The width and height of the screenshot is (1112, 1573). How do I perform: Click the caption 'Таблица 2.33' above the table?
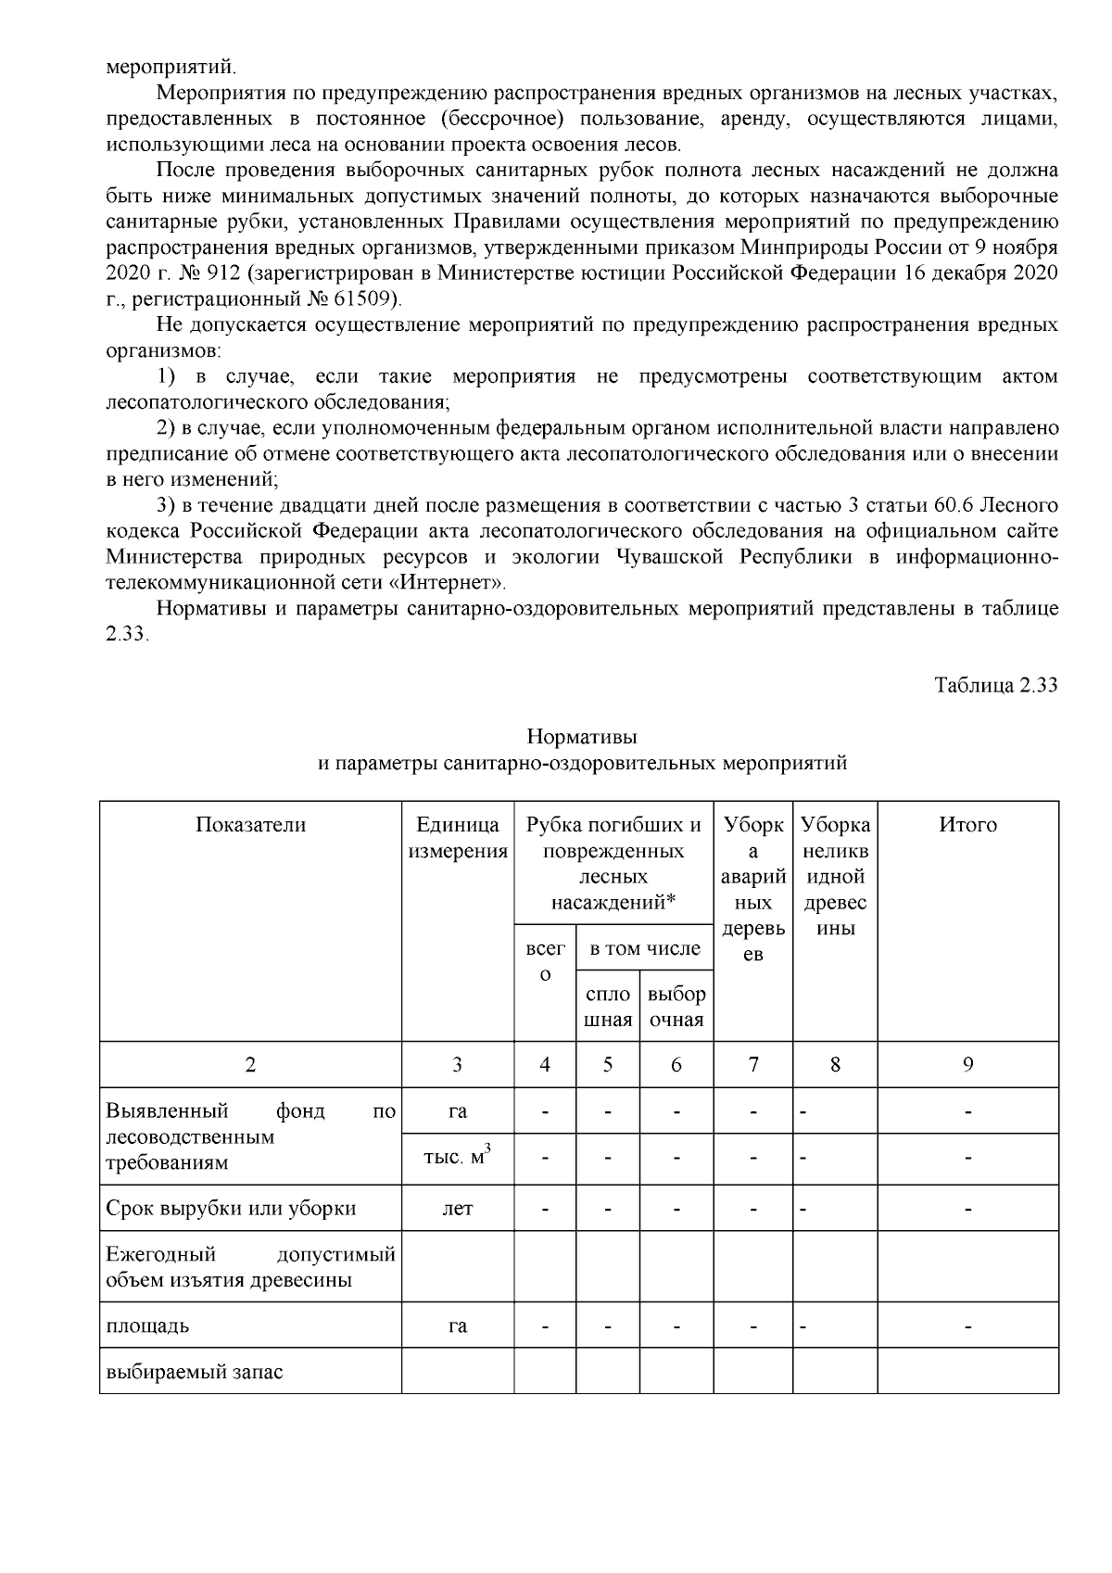[995, 686]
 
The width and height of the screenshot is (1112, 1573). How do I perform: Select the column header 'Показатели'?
[250, 825]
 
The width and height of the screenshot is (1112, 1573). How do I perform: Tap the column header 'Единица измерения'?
[458, 838]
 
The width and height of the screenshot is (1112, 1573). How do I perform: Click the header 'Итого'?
[967, 825]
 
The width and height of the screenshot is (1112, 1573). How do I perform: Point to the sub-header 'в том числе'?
[645, 948]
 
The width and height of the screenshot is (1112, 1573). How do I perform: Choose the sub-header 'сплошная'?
[608, 1007]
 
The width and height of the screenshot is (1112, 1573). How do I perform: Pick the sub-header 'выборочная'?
[676, 1007]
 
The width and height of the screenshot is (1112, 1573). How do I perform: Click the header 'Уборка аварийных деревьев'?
[753, 889]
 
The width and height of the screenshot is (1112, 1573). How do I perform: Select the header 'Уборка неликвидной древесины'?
[835, 876]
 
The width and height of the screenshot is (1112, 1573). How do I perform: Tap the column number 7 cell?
[753, 1065]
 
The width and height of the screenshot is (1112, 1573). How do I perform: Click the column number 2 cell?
[250, 1065]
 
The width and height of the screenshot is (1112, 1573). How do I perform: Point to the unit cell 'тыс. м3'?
[457, 1159]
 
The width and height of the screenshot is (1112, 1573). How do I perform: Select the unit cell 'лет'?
[457, 1210]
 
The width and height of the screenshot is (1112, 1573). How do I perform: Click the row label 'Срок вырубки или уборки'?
[231, 1209]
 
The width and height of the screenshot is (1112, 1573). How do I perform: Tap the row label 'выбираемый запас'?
[194, 1371]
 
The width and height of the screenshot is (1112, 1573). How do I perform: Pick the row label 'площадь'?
[148, 1326]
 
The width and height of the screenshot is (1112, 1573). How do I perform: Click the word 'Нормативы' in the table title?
[582, 737]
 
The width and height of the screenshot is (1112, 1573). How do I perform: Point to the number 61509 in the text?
[369, 298]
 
